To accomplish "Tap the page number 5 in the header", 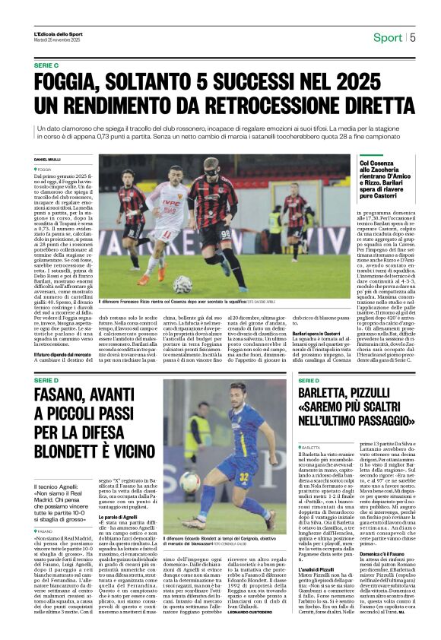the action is point(412,37).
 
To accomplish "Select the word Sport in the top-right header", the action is point(388,37).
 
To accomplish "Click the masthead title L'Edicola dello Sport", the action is point(58,33).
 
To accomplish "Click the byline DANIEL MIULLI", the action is point(46,159).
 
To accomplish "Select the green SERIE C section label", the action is point(46,66).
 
